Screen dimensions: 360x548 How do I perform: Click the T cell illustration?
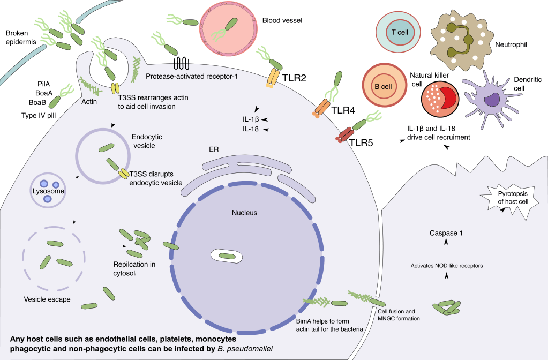point(400,33)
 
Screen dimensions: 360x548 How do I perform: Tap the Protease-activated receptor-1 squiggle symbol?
point(181,64)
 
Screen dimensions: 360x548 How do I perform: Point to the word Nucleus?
point(244,213)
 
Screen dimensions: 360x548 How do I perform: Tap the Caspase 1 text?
point(446,234)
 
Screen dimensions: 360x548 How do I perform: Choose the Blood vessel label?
point(282,21)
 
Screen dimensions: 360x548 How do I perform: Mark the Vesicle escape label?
point(47,299)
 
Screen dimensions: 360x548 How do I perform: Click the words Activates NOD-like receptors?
point(447,265)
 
